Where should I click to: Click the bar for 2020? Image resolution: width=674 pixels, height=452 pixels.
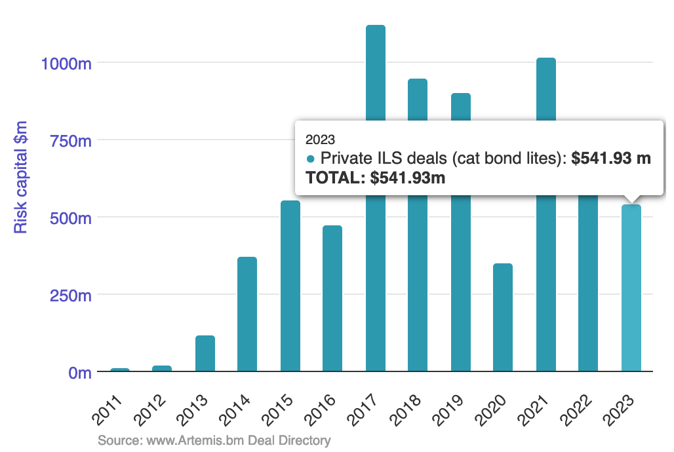(503, 317)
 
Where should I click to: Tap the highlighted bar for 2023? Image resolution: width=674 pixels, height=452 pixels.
(631, 288)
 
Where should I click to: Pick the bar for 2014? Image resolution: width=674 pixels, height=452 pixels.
(247, 314)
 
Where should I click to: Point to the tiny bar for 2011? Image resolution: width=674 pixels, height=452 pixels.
(119, 369)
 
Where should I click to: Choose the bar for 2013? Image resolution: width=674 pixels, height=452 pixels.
(205, 353)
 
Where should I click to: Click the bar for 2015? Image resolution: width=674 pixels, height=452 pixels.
(290, 286)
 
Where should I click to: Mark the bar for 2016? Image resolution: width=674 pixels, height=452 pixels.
(332, 298)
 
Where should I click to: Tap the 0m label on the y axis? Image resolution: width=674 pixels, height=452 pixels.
(78, 372)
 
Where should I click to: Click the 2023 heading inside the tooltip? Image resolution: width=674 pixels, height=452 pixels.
(321, 139)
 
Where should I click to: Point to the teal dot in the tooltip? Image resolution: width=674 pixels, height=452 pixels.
(310, 159)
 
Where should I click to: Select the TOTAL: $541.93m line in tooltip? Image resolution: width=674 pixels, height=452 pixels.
(376, 178)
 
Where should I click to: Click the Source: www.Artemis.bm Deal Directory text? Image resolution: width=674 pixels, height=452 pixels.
(214, 440)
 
